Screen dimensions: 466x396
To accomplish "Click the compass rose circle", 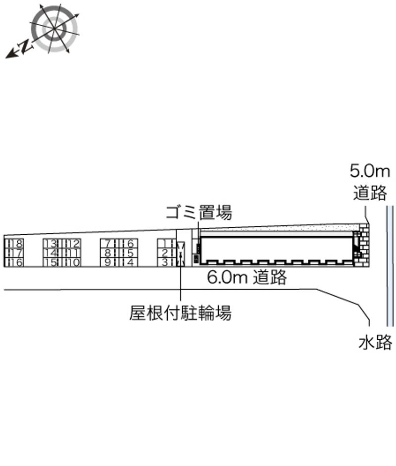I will pyautogui.click(x=54, y=28).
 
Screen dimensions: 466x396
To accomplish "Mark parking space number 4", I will pyautogui.click(x=129, y=262).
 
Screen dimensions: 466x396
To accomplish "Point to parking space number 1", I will pyautogui.click(x=165, y=244).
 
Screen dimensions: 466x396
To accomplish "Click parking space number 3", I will pyautogui.click(x=165, y=262).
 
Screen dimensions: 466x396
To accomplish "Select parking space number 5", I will pyautogui.click(x=129, y=253).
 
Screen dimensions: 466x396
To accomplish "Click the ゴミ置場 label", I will pyautogui.click(x=198, y=213).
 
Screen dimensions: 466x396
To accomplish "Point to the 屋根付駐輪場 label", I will pyautogui.click(x=180, y=313).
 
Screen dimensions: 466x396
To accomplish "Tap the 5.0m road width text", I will pyautogui.click(x=370, y=172).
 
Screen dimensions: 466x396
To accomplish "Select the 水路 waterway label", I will pyautogui.click(x=375, y=342).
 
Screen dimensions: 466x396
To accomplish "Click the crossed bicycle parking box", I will pyautogui.click(x=181, y=254).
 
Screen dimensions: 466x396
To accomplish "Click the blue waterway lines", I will pyautogui.click(x=390, y=262).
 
